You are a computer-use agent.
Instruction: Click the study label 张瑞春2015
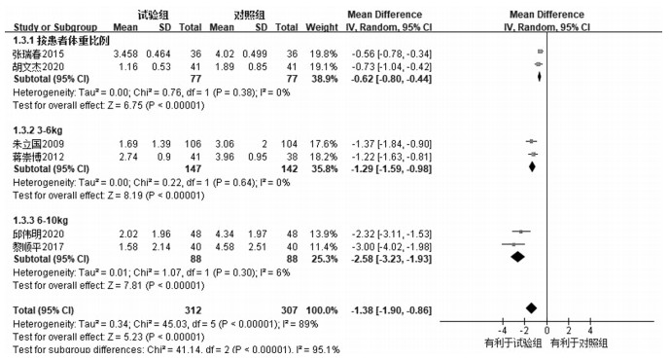(39, 54)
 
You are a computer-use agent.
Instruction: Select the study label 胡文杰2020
(39, 67)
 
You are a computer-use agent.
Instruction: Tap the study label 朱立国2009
(39, 144)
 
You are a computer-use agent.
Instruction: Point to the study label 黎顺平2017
(39, 247)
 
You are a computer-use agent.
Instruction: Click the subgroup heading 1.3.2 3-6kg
(38, 130)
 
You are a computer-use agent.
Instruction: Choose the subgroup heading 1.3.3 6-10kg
(40, 221)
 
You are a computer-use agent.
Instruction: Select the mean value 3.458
(125, 54)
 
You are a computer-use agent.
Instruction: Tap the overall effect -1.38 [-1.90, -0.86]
(391, 310)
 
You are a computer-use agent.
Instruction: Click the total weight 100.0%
(322, 310)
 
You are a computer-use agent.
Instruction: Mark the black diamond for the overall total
(531, 307)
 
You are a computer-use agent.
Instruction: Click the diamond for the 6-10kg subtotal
(517, 257)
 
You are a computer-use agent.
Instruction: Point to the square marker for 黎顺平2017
(513, 244)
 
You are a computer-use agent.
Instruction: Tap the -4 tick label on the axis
(503, 331)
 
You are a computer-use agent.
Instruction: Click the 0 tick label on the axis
(547, 331)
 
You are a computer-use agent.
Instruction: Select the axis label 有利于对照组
(579, 342)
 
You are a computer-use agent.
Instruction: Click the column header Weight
(322, 27)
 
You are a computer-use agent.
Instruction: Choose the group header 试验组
(153, 15)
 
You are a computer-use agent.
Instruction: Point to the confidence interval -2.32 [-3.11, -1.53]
(391, 234)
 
